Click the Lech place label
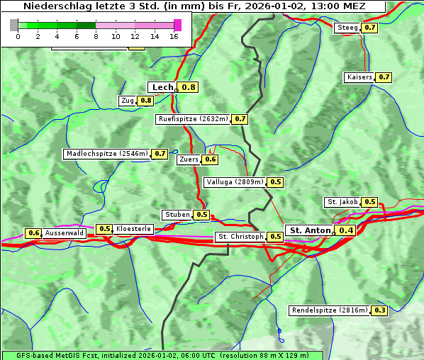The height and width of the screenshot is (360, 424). [162, 87]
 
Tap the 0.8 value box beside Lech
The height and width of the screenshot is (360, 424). [188, 87]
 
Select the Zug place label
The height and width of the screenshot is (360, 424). [128, 101]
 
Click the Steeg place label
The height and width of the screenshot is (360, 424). [347, 28]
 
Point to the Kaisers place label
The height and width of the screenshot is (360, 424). [359, 77]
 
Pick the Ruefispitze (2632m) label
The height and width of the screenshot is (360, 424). [194, 119]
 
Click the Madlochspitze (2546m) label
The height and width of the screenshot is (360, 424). [107, 153]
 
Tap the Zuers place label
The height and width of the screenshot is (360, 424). [189, 159]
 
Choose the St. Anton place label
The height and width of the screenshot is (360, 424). [310, 230]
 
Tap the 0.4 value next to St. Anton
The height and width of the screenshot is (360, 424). [346, 230]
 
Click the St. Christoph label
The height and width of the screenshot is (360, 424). [240, 237]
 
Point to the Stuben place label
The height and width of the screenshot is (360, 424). [177, 215]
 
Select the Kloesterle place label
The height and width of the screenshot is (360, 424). [133, 229]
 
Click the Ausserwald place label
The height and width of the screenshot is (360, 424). [65, 233]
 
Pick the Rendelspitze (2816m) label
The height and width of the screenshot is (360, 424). [330, 310]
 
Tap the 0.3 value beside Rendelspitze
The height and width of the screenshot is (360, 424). [380, 310]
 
